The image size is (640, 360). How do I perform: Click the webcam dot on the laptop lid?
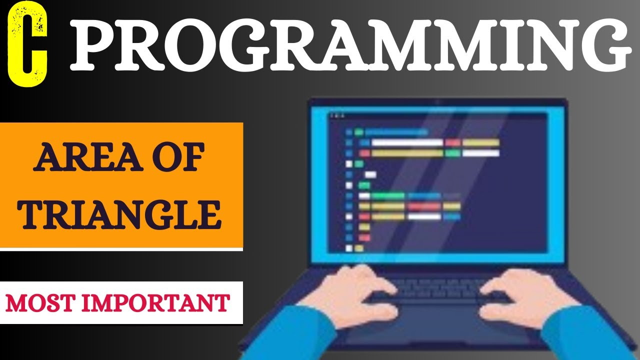[438, 102]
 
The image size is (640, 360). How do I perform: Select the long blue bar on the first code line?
[396, 132]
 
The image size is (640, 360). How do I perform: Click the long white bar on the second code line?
[407, 142]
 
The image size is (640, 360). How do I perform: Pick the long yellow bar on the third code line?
[407, 153]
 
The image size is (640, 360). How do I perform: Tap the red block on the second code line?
[452, 142]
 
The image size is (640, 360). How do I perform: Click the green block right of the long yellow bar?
[452, 153]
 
